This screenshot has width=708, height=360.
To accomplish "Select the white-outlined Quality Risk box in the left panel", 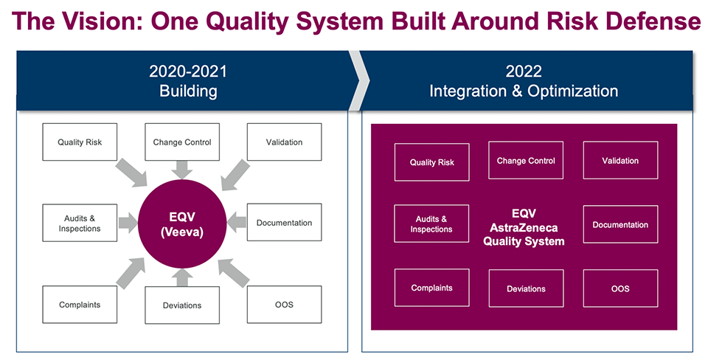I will pos(80,142).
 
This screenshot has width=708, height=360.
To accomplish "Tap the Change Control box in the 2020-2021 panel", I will pos(182,142).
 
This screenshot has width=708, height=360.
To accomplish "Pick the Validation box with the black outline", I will pos(284,142).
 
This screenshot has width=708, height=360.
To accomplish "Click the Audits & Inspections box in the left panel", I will pos(80,223).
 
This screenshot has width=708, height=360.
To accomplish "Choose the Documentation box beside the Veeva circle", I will pos(284,223).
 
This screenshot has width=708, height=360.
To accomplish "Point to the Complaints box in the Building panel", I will pos(80,304).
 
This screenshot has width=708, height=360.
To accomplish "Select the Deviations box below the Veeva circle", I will pos(182,305).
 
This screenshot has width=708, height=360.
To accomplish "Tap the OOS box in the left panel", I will pos(284,304).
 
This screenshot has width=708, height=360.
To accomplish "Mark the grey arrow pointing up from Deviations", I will pos(181,276).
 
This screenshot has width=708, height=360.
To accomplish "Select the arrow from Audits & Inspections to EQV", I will pos(128,221).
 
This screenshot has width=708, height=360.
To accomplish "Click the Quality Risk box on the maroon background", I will pos(431,162).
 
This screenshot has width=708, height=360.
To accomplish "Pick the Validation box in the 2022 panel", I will pos(620,160).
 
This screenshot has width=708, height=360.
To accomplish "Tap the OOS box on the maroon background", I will pos(620,288).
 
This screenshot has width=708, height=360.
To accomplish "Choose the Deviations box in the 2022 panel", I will pos(526,288).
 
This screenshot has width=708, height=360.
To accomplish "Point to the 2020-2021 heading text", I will pos(188,72).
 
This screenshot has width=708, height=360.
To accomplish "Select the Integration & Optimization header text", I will pos(524,91).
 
